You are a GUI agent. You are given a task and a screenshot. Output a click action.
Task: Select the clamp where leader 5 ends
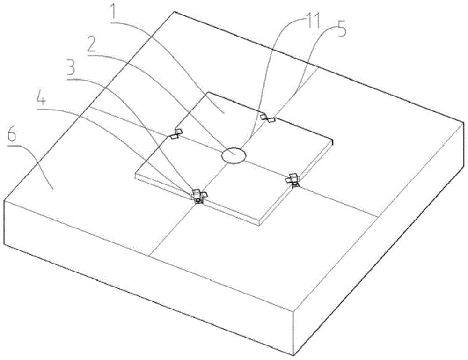268,118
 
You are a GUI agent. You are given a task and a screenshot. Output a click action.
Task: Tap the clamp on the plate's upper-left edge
176,133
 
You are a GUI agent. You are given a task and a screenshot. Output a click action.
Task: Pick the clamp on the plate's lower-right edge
292,179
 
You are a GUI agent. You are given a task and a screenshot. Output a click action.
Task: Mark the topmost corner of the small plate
208,92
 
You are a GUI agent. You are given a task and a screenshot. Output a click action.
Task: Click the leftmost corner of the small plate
135,174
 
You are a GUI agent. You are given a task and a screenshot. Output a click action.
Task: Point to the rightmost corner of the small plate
333,139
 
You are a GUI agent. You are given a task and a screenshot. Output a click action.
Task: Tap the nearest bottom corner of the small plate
260,225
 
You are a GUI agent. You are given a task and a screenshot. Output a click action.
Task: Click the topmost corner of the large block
174,12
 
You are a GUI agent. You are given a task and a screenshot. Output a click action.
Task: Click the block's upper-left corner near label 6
4,200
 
